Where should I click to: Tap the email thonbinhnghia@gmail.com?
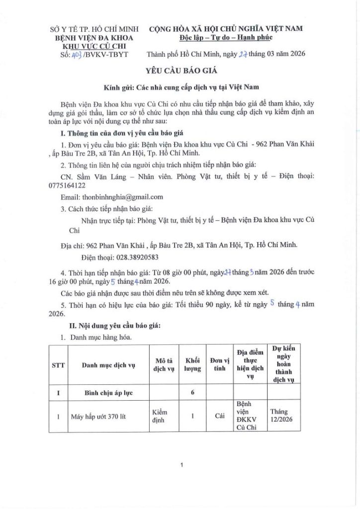(x=122, y=197)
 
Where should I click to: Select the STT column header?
(x=58, y=365)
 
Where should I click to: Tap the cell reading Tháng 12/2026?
(x=281, y=416)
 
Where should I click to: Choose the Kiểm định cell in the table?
(x=160, y=416)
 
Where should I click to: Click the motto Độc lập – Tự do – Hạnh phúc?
(x=226, y=38)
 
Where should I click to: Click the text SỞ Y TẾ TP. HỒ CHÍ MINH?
(x=90, y=30)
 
